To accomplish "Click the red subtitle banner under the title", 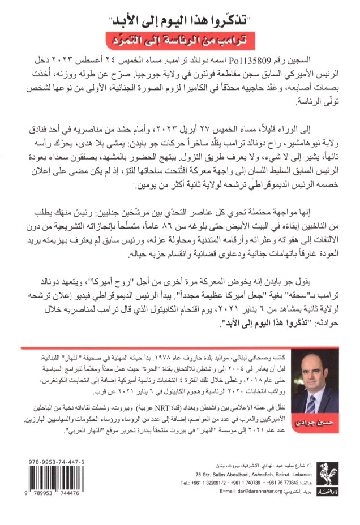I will click(x=179, y=41).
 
